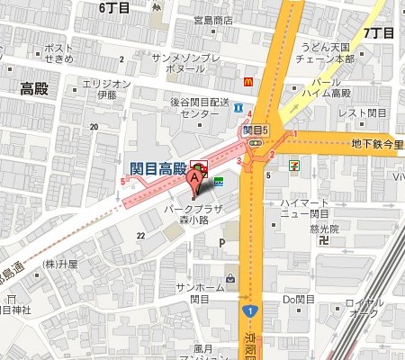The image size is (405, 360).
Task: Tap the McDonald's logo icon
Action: tap(246, 80)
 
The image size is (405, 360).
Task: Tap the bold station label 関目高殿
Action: tap(157, 168)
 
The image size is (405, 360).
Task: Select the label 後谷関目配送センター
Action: tap(201, 109)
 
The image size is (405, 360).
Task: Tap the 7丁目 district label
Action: tap(379, 33)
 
